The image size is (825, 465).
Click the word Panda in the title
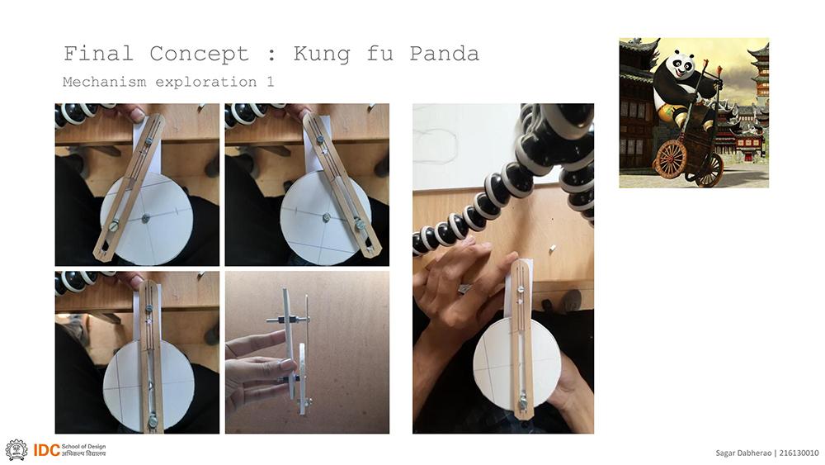[444, 54]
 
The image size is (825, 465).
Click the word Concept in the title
[199, 55]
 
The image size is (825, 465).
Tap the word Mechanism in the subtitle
[104, 82]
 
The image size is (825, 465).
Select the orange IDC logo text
[46, 450]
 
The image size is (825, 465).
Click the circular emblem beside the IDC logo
[16, 450]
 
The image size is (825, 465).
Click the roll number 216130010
[799, 453]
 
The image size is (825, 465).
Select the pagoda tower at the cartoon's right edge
[760, 74]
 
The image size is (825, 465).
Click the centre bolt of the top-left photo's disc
[146, 217]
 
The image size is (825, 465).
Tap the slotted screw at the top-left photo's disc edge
[114, 226]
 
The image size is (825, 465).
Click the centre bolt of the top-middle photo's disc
[326, 217]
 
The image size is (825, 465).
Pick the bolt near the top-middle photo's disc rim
[360, 225]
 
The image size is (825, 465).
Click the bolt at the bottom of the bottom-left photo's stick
[153, 420]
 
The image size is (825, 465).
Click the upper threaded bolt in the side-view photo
[288, 319]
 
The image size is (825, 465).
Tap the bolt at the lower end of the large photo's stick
[523, 405]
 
